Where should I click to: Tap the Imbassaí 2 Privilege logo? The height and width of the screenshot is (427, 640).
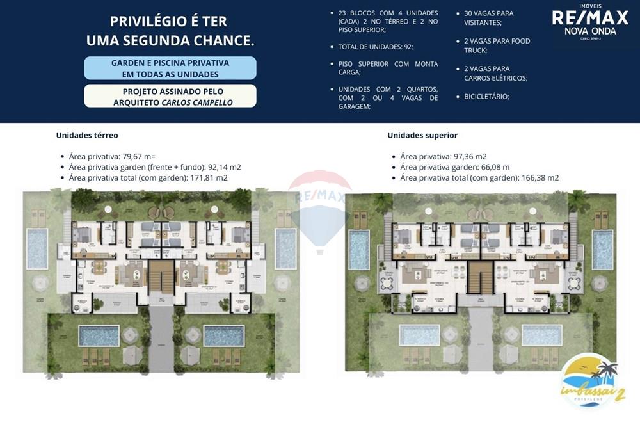pyautogui.click(x=589, y=380)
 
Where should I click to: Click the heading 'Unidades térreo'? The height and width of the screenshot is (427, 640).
pyautogui.click(x=87, y=135)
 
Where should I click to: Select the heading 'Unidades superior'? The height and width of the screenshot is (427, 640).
pyautogui.click(x=422, y=135)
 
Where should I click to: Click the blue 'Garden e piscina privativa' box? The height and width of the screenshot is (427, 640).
pyautogui.click(x=170, y=68)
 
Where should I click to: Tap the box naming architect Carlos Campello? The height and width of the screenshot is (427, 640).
pyautogui.click(x=170, y=97)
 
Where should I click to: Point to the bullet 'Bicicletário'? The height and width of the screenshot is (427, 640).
pyautogui.click(x=486, y=96)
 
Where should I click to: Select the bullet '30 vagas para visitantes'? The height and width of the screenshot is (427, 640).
pyautogui.click(x=488, y=17)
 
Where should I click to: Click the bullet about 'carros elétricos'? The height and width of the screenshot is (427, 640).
pyautogui.click(x=495, y=73)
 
